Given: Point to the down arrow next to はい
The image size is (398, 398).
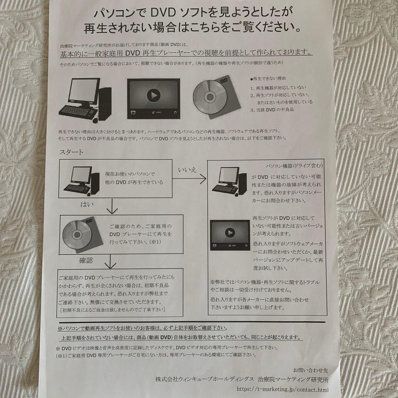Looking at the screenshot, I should (111, 207).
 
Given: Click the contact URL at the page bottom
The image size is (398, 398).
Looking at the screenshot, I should (288, 389).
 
